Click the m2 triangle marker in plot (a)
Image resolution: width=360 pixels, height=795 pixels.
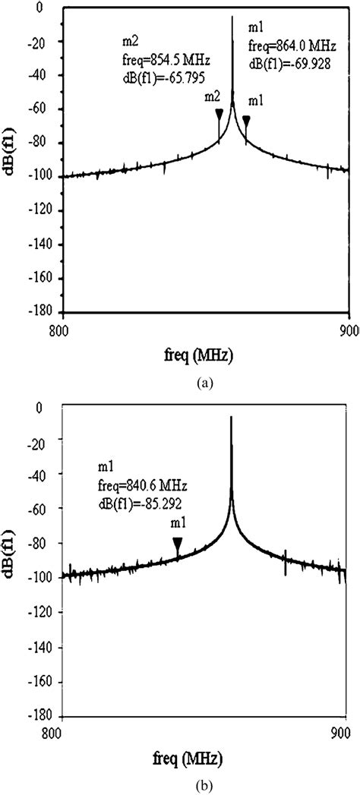coord(219,115)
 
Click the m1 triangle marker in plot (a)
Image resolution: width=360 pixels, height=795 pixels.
coord(246,120)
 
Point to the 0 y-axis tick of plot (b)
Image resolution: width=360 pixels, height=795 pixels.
coord(49,408)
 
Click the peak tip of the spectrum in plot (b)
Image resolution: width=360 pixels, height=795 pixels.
coord(231,417)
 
